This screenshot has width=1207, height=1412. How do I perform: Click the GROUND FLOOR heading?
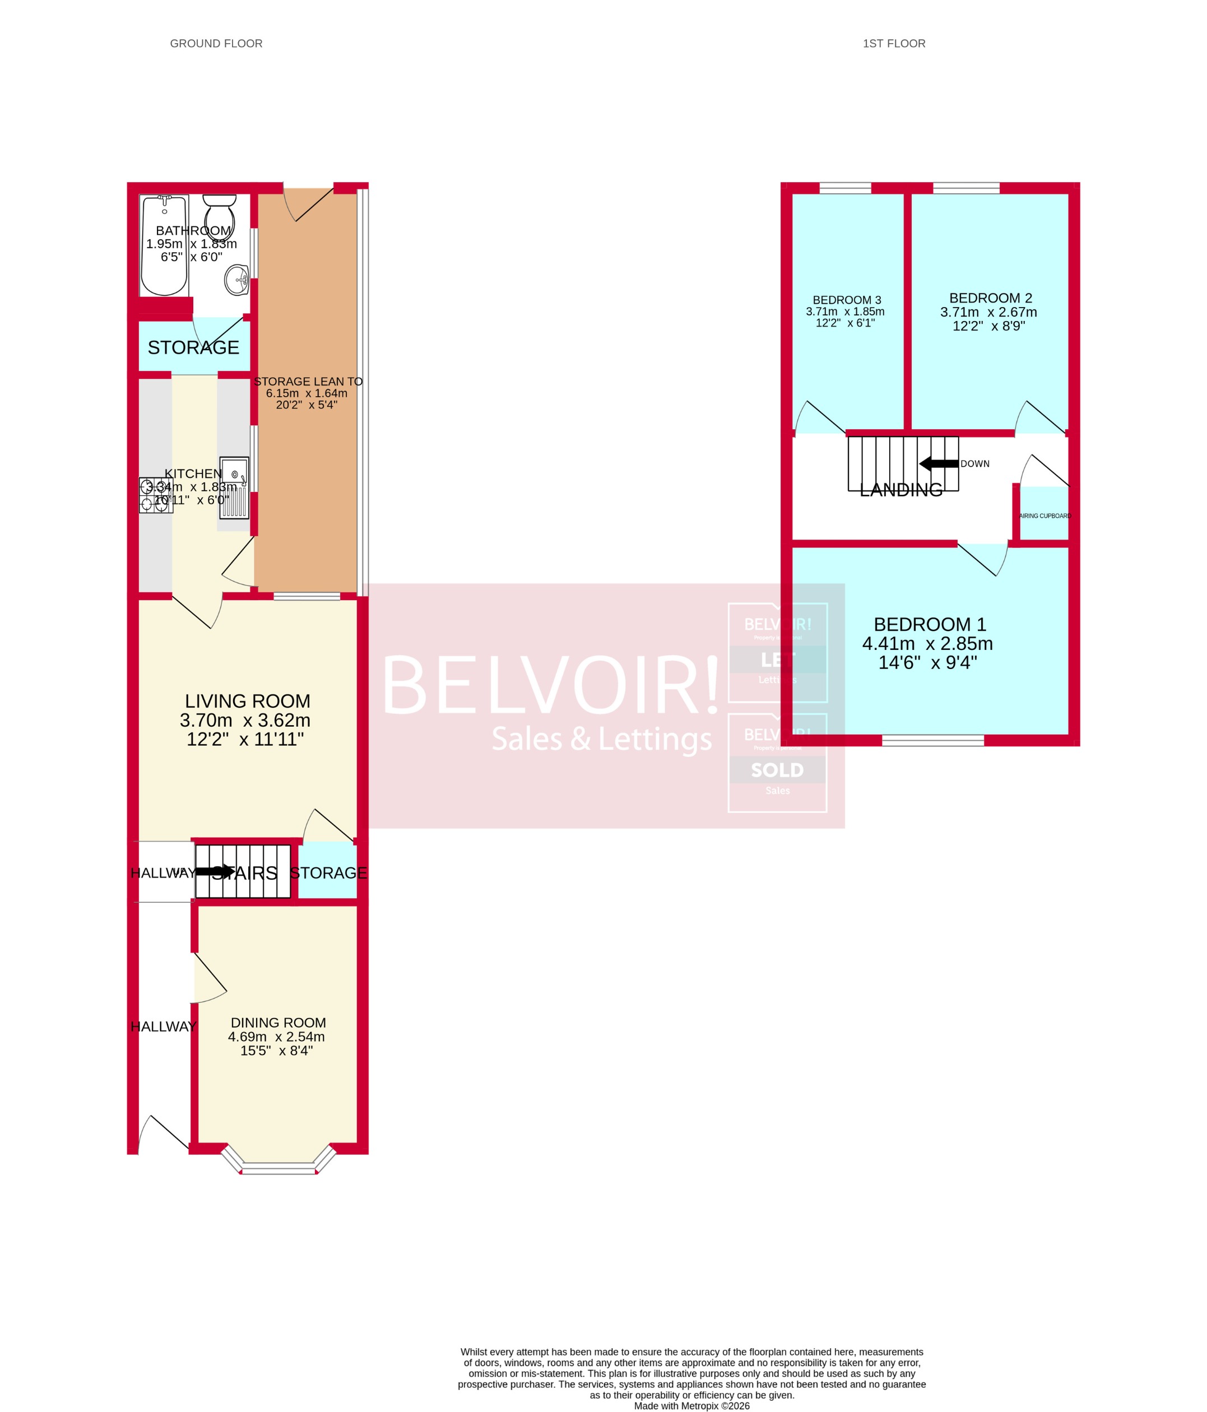[x=216, y=44]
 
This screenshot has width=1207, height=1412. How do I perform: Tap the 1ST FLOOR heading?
[x=894, y=44]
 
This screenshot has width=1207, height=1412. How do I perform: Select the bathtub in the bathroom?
[x=164, y=245]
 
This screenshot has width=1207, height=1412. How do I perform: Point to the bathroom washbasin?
[x=237, y=280]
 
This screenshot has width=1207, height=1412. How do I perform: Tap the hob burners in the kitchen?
[x=155, y=495]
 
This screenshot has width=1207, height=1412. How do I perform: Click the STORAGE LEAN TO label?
[x=308, y=382]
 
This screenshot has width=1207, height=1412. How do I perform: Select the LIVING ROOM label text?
[x=248, y=701]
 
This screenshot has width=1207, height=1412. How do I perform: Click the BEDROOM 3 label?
[x=847, y=300]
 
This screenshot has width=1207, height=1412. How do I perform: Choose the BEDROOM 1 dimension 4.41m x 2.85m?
[x=927, y=643]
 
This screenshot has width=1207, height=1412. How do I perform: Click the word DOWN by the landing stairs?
[x=974, y=463]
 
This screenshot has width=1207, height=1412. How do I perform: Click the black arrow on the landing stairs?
[x=939, y=464]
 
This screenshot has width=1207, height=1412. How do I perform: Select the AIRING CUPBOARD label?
[x=1045, y=516]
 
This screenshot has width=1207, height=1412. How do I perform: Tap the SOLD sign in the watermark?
[x=777, y=770]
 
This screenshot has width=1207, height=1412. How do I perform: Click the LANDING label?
[x=901, y=489]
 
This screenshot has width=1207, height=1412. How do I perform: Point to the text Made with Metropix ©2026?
[x=692, y=1406]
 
